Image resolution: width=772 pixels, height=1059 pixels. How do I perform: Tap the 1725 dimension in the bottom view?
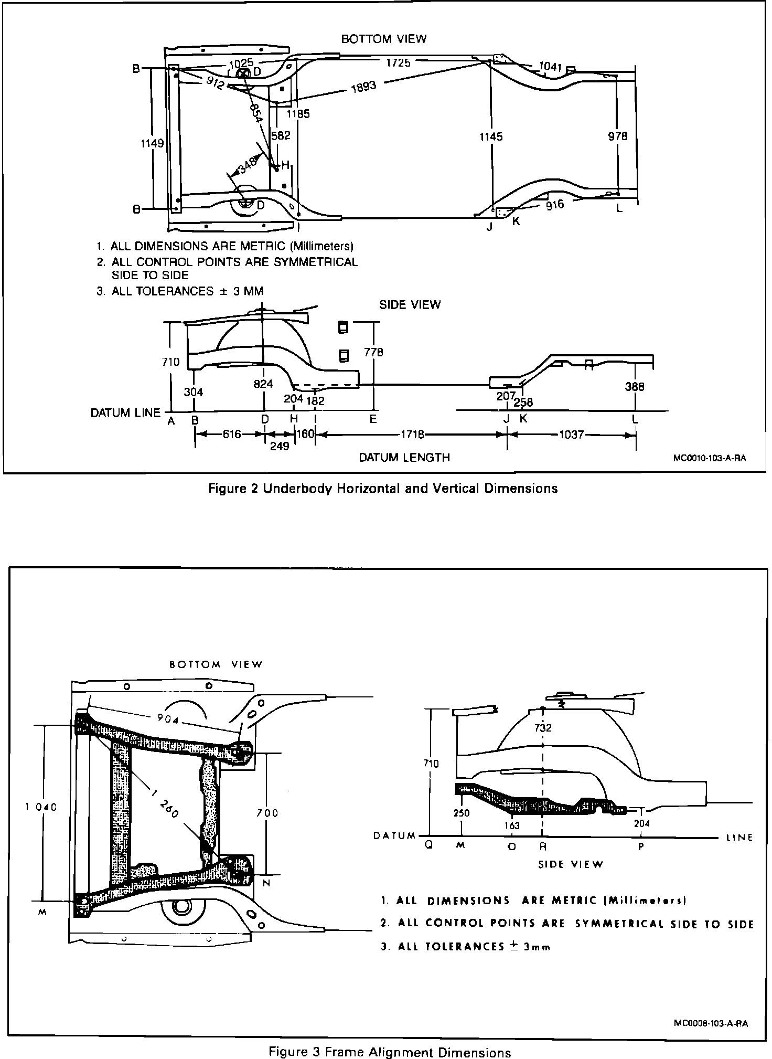click(x=398, y=63)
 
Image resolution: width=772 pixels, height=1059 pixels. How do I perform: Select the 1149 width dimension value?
click(x=153, y=143)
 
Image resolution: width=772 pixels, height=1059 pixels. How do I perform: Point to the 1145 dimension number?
click(x=491, y=136)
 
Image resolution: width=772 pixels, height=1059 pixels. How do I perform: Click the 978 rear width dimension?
click(x=618, y=136)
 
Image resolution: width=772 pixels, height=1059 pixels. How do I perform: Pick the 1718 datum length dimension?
click(x=413, y=435)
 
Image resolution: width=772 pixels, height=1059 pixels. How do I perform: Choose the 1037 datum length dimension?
click(x=571, y=435)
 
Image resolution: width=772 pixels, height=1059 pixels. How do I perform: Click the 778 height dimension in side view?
click(x=373, y=352)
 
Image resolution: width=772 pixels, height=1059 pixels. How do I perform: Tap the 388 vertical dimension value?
click(x=635, y=387)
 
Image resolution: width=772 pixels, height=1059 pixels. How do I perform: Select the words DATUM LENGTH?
click(x=404, y=458)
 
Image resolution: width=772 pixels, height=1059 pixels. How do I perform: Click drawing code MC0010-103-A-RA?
click(x=709, y=458)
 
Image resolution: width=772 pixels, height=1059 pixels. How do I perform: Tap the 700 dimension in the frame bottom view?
click(x=267, y=813)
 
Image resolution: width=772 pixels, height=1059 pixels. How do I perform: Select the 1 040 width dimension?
click(x=40, y=807)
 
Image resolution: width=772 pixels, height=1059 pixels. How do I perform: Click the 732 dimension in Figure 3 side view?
click(x=543, y=728)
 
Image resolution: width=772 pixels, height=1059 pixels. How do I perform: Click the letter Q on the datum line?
click(x=428, y=846)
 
